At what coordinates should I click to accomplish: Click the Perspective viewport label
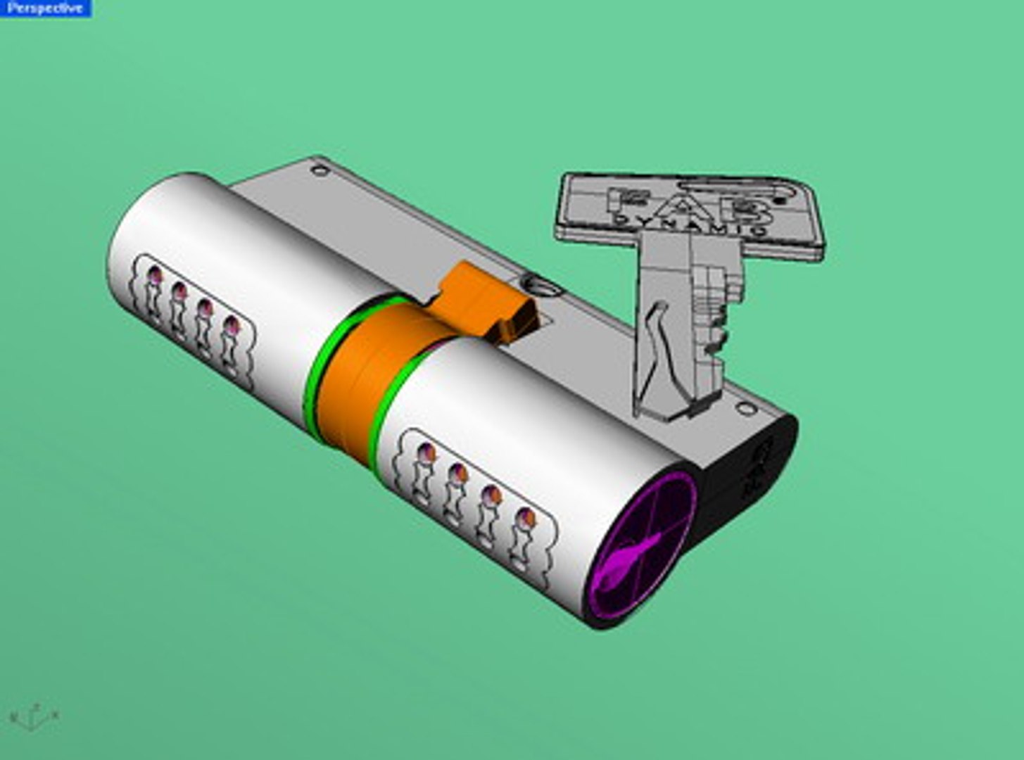pyautogui.click(x=44, y=8)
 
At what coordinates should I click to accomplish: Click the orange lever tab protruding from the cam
pyautogui.click(x=486, y=303)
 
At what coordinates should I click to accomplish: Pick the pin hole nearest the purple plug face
pyautogui.click(x=525, y=519)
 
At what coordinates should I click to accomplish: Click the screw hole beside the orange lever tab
pyautogui.click(x=543, y=287)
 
